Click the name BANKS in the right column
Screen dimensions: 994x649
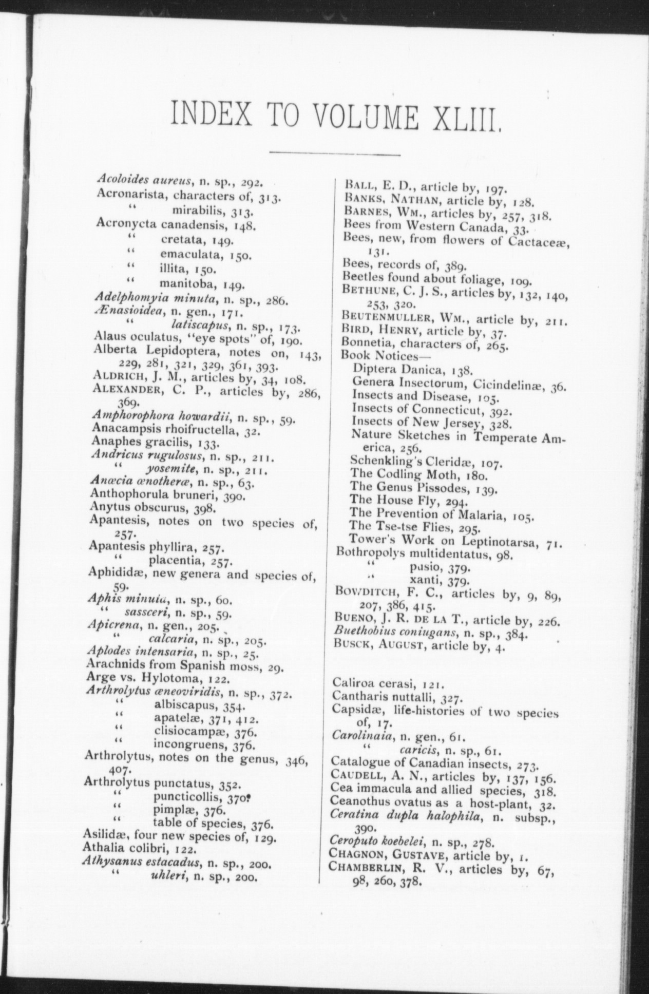pos(360,199)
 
